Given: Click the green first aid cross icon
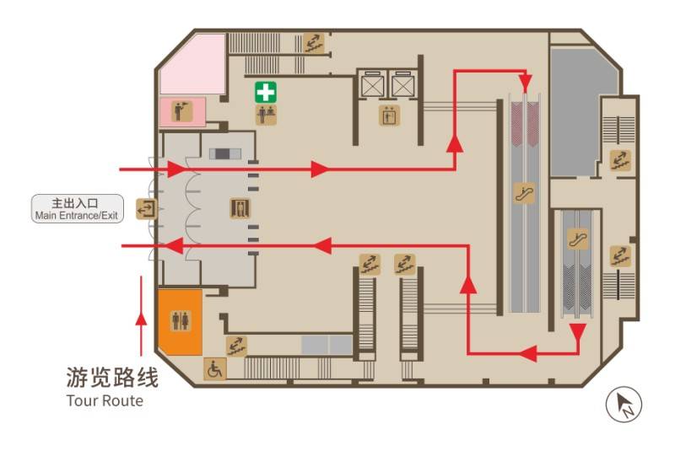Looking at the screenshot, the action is [x=266, y=93].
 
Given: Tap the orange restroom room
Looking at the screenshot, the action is [x=181, y=322].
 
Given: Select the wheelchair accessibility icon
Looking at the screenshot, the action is [x=214, y=369].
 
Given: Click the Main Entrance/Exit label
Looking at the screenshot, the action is [x=77, y=208].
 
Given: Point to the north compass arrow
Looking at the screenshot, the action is [x=624, y=405].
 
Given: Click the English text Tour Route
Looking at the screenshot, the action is [x=105, y=400].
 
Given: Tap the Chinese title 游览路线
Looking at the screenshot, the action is [x=112, y=378].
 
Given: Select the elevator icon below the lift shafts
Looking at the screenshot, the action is [x=389, y=115].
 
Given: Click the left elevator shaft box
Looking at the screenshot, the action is [x=371, y=83].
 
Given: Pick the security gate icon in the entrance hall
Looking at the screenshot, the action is [x=240, y=208].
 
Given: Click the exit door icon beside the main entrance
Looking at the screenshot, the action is [x=146, y=209].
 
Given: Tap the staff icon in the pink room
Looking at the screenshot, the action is [x=182, y=111].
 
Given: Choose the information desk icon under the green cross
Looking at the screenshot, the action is [x=266, y=115].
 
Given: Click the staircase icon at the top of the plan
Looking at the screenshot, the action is [x=313, y=42].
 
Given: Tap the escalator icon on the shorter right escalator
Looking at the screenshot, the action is [x=577, y=239].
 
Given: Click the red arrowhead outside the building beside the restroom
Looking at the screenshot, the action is [x=141, y=319].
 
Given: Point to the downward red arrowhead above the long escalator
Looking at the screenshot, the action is [x=525, y=83].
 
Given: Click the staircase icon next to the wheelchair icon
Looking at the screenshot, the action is [x=236, y=346].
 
